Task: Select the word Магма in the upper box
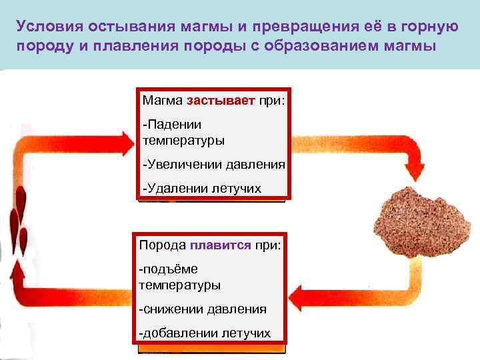coord(162,101)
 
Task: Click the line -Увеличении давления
coord(213,165)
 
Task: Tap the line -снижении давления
coord(203,309)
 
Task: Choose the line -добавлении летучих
coord(204,333)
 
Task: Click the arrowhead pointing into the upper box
coord(125,143)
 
